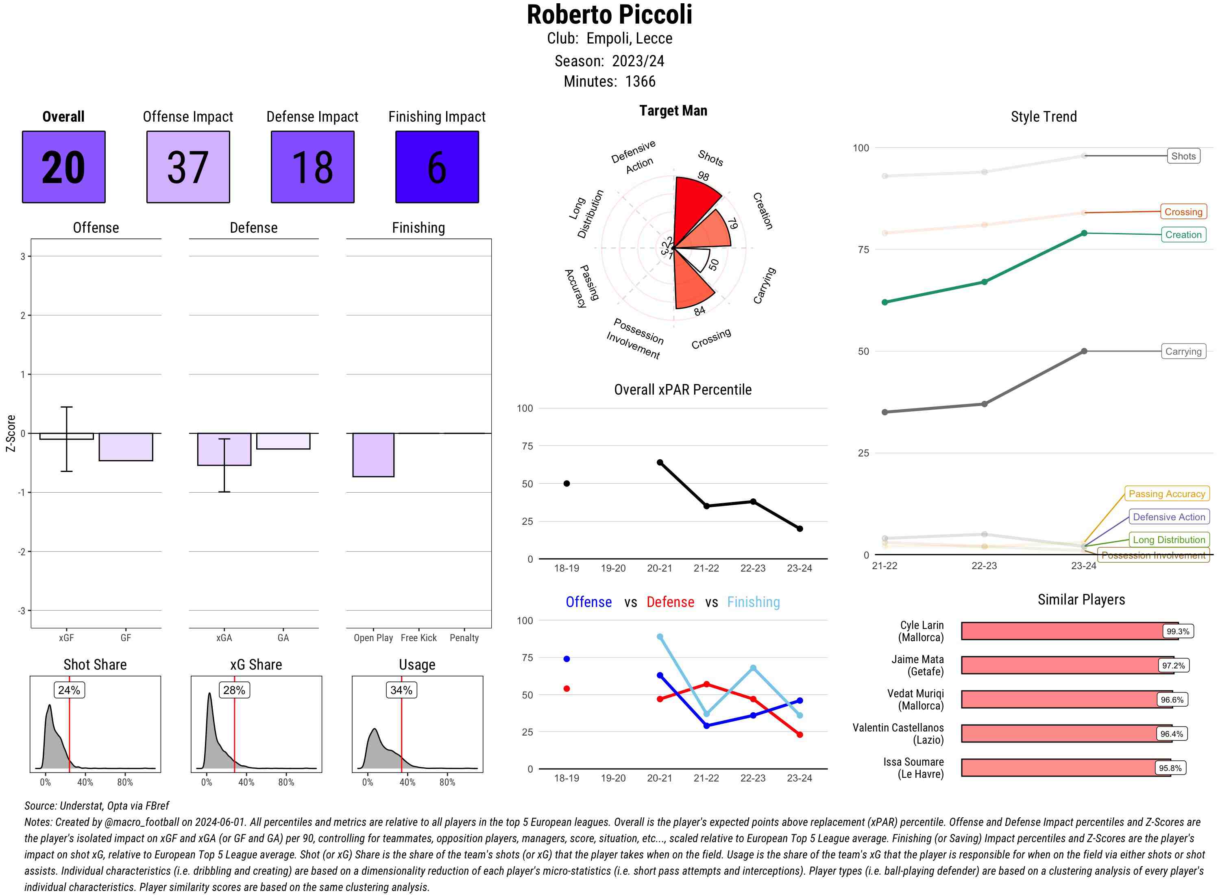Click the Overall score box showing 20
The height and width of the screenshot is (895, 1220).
tap(63, 167)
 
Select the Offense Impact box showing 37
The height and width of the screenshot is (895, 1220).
tap(188, 167)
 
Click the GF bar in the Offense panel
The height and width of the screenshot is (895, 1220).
tap(126, 447)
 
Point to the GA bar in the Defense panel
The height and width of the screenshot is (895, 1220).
tap(283, 441)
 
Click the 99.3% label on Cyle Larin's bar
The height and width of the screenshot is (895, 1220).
tap(1178, 631)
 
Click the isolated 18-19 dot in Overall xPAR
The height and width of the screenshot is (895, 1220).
tap(566, 483)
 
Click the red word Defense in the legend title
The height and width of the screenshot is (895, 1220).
tap(670, 602)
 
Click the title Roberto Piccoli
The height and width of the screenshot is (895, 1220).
tap(609, 15)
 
